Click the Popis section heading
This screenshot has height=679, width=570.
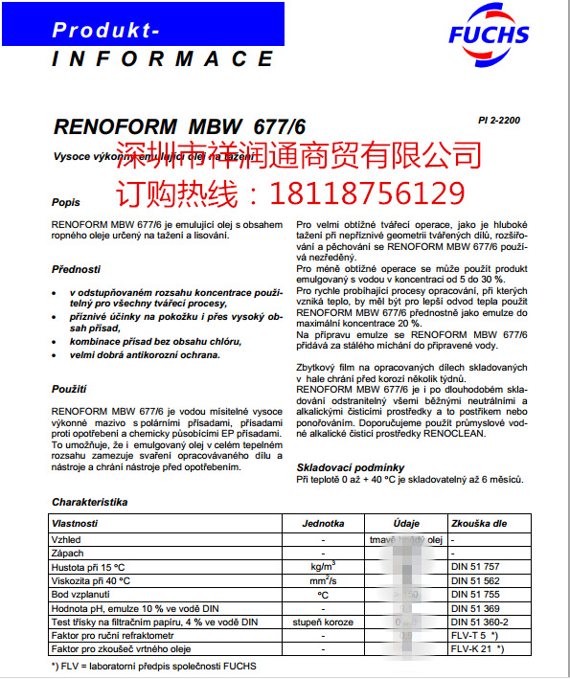pyautogui.click(x=66, y=203)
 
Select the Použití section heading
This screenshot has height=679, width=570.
pyautogui.click(x=69, y=389)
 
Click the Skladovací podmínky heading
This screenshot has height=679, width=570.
pyautogui.click(x=350, y=467)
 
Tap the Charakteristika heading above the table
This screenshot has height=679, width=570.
pyautogui.click(x=89, y=502)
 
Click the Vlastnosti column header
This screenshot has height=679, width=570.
pyautogui.click(x=78, y=525)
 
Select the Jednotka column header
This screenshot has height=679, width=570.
pyautogui.click(x=323, y=525)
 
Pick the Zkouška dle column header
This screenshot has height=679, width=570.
pyautogui.click(x=479, y=525)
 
